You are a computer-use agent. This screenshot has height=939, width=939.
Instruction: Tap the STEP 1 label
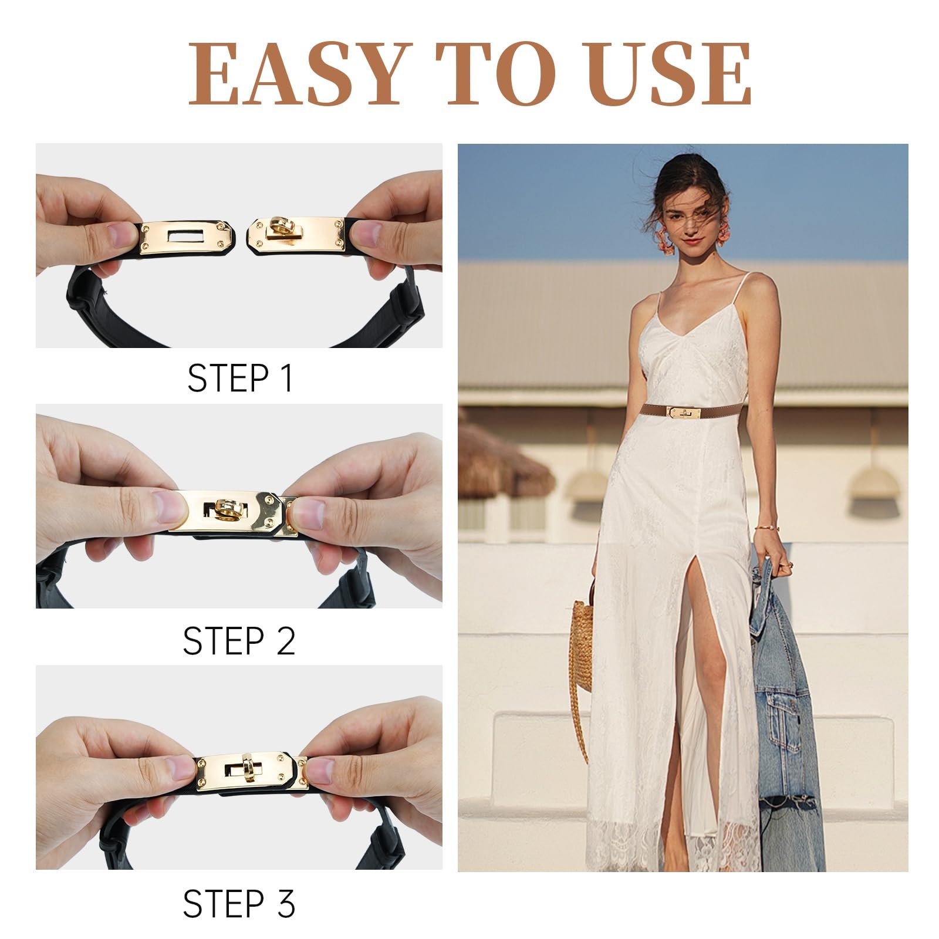tap(239, 378)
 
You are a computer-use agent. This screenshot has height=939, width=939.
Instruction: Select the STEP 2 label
tap(239, 641)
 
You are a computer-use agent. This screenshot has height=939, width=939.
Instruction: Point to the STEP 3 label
tap(239, 903)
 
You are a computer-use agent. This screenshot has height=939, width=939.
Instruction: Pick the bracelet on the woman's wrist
tap(766, 528)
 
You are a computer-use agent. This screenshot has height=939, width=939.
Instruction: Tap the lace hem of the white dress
tap(669, 845)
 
